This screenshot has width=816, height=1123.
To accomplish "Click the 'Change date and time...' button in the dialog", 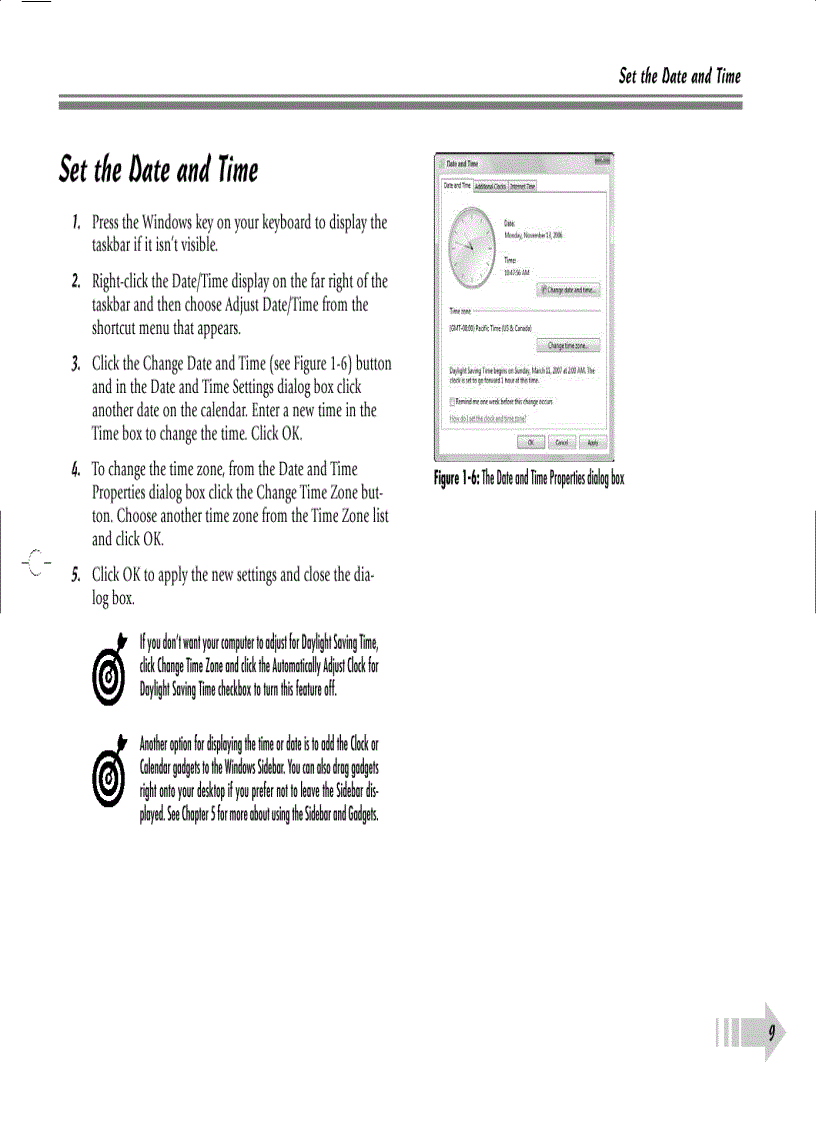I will [x=569, y=289].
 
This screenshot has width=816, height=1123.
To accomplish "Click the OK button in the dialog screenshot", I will [x=531, y=442].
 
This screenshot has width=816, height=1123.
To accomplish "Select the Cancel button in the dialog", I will [x=562, y=442].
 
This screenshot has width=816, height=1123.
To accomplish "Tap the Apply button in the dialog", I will [x=592, y=442].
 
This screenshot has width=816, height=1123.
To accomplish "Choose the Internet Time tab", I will [x=523, y=186].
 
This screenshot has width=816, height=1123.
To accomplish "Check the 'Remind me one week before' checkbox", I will [x=453, y=400].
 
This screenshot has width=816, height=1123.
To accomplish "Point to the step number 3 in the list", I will [x=76, y=363].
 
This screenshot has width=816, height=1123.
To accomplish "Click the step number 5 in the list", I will [x=76, y=575].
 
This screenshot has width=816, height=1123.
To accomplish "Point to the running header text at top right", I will [x=679, y=77].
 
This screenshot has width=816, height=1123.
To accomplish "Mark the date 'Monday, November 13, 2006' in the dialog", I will [x=533, y=236].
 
